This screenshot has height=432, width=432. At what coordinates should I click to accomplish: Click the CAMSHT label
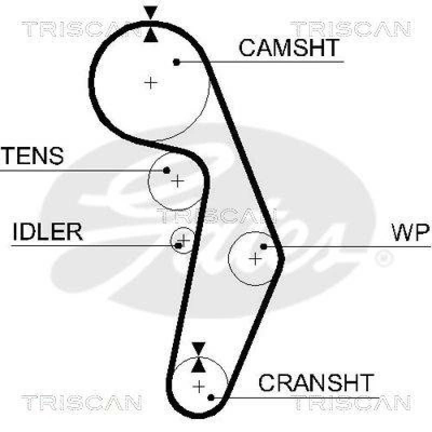(x=289, y=48)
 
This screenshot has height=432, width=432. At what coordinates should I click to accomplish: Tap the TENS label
(x=33, y=156)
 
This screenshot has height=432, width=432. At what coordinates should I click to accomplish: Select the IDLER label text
(x=48, y=232)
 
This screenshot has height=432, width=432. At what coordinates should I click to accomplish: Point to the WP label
(x=410, y=232)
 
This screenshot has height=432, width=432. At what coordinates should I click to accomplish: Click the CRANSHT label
(x=316, y=383)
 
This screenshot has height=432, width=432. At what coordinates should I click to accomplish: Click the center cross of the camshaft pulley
(x=151, y=83)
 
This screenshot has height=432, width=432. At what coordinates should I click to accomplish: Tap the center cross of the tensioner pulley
(x=177, y=181)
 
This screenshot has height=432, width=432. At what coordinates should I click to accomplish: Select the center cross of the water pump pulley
(x=255, y=259)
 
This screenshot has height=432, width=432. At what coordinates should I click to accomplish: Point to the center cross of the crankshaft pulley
(x=199, y=387)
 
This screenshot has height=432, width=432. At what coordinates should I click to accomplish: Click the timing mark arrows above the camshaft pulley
(x=151, y=24)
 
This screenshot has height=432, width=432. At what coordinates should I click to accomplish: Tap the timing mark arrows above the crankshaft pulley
(x=199, y=357)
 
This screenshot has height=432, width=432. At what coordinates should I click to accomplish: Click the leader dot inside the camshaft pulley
(x=177, y=62)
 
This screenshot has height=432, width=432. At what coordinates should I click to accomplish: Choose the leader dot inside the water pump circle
(x=264, y=247)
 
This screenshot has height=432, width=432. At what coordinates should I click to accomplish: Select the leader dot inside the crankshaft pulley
(x=211, y=397)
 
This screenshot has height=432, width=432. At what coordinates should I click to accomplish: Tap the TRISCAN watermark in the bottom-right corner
(x=351, y=402)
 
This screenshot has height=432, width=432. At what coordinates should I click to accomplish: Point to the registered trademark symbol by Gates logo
(x=384, y=259)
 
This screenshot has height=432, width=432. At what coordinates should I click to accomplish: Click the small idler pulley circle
(x=181, y=240)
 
